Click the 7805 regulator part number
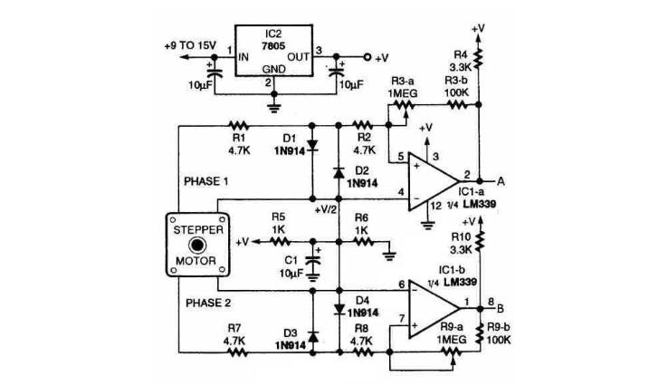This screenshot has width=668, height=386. (x=273, y=45)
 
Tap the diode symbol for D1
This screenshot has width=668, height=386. (x=312, y=146)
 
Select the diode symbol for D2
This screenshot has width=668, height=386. (x=339, y=173)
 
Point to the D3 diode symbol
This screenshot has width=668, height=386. (x=312, y=337)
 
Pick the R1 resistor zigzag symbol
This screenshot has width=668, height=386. (x=238, y=125)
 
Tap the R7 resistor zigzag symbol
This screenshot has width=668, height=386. (x=238, y=352)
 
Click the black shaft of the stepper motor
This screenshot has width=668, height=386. (x=197, y=245)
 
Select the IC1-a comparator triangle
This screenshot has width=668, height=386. (x=434, y=181)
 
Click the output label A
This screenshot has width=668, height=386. (x=501, y=182)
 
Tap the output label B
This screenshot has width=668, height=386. (x=501, y=308)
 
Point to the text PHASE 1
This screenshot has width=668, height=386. (x=206, y=182)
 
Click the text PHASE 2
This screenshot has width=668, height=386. (x=208, y=304)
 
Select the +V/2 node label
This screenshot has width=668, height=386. (x=326, y=210)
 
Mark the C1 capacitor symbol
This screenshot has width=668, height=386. (x=313, y=261)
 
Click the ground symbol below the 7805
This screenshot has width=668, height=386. (x=274, y=106)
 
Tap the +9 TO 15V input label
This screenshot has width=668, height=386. (x=190, y=45)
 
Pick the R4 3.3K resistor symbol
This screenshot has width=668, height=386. (x=478, y=58)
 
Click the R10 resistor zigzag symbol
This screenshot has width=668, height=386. (x=481, y=240)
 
